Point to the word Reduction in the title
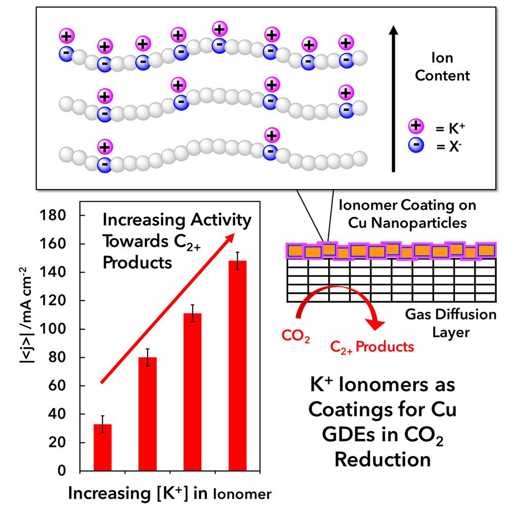[x=382, y=459]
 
